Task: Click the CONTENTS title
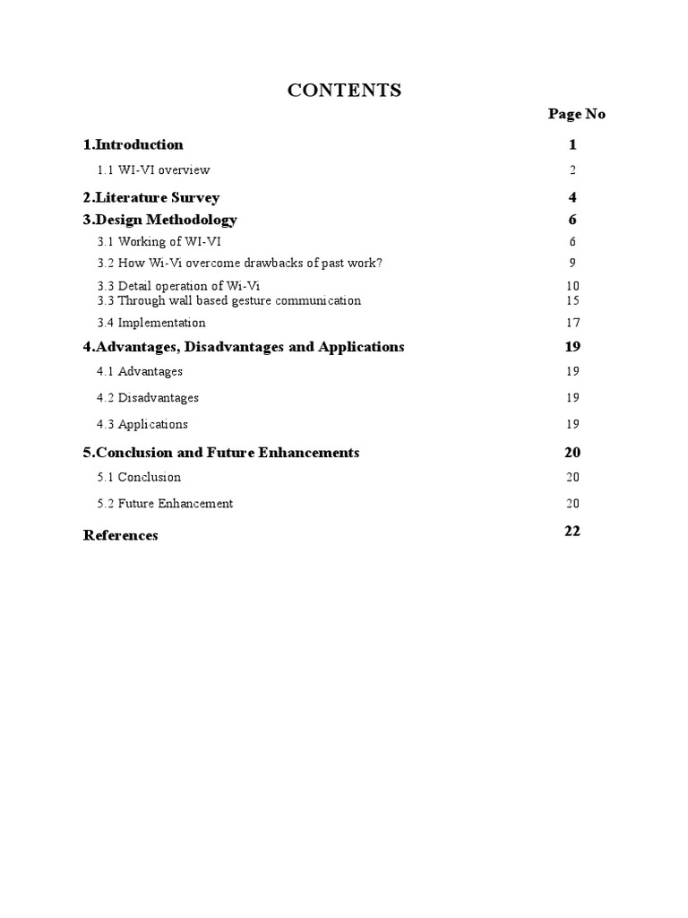pyautogui.click(x=344, y=91)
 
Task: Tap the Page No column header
pyautogui.click(x=576, y=114)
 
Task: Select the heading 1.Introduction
pyautogui.click(x=133, y=144)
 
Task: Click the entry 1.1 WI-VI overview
pyautogui.click(x=153, y=169)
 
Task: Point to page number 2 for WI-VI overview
pyautogui.click(x=572, y=170)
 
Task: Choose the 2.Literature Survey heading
pyautogui.click(x=151, y=197)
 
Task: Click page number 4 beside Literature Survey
pyautogui.click(x=572, y=197)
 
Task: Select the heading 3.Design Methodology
pyautogui.click(x=160, y=220)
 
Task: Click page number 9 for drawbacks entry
pyautogui.click(x=572, y=264)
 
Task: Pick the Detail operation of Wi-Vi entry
pyautogui.click(x=178, y=286)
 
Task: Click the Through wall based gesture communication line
pyautogui.click(x=228, y=300)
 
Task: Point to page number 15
pyautogui.click(x=573, y=300)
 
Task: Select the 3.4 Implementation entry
pyautogui.click(x=151, y=323)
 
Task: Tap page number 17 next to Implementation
pyautogui.click(x=573, y=323)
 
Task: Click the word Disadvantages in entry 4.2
pyautogui.click(x=159, y=397)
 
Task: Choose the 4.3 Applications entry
pyautogui.click(x=142, y=424)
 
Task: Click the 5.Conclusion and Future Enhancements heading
pyautogui.click(x=221, y=453)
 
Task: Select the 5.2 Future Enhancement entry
pyautogui.click(x=165, y=503)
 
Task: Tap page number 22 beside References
pyautogui.click(x=572, y=531)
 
